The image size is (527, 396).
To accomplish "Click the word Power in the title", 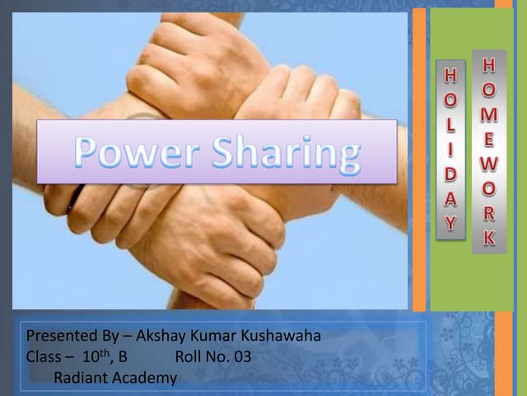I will [133, 152].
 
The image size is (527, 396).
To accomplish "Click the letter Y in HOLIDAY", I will [450, 222].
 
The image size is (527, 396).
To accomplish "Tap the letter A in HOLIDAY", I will [450, 200].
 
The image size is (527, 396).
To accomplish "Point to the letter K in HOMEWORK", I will [489, 239].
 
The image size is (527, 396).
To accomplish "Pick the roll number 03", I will [241, 357].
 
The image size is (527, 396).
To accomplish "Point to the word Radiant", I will [80, 378].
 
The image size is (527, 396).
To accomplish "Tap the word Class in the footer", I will [44, 357].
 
